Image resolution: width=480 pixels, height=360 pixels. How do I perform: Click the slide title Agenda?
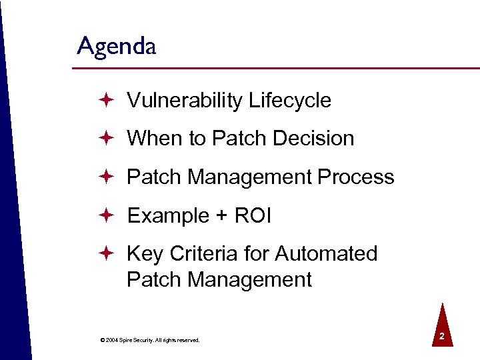click(117, 47)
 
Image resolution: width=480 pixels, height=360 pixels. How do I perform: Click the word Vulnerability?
click(184, 101)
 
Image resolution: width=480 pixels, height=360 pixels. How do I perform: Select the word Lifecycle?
click(289, 101)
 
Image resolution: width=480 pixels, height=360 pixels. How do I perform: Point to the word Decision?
click(313, 139)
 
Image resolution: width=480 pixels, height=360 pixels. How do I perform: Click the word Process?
click(356, 177)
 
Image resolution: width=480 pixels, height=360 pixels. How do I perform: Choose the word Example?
click(168, 216)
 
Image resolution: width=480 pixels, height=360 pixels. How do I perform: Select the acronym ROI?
click(254, 216)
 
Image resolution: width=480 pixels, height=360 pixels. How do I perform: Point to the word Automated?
click(326, 254)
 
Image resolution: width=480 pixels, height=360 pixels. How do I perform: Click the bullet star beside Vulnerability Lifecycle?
click(106, 101)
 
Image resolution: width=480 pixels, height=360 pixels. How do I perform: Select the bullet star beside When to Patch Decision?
click(106, 139)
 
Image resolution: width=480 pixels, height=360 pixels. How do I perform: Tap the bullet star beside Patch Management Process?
click(106, 177)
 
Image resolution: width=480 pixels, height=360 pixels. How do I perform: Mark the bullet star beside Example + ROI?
click(106, 216)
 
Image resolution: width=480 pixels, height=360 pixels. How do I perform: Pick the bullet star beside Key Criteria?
click(106, 254)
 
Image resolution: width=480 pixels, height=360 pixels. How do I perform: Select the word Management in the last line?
click(249, 279)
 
